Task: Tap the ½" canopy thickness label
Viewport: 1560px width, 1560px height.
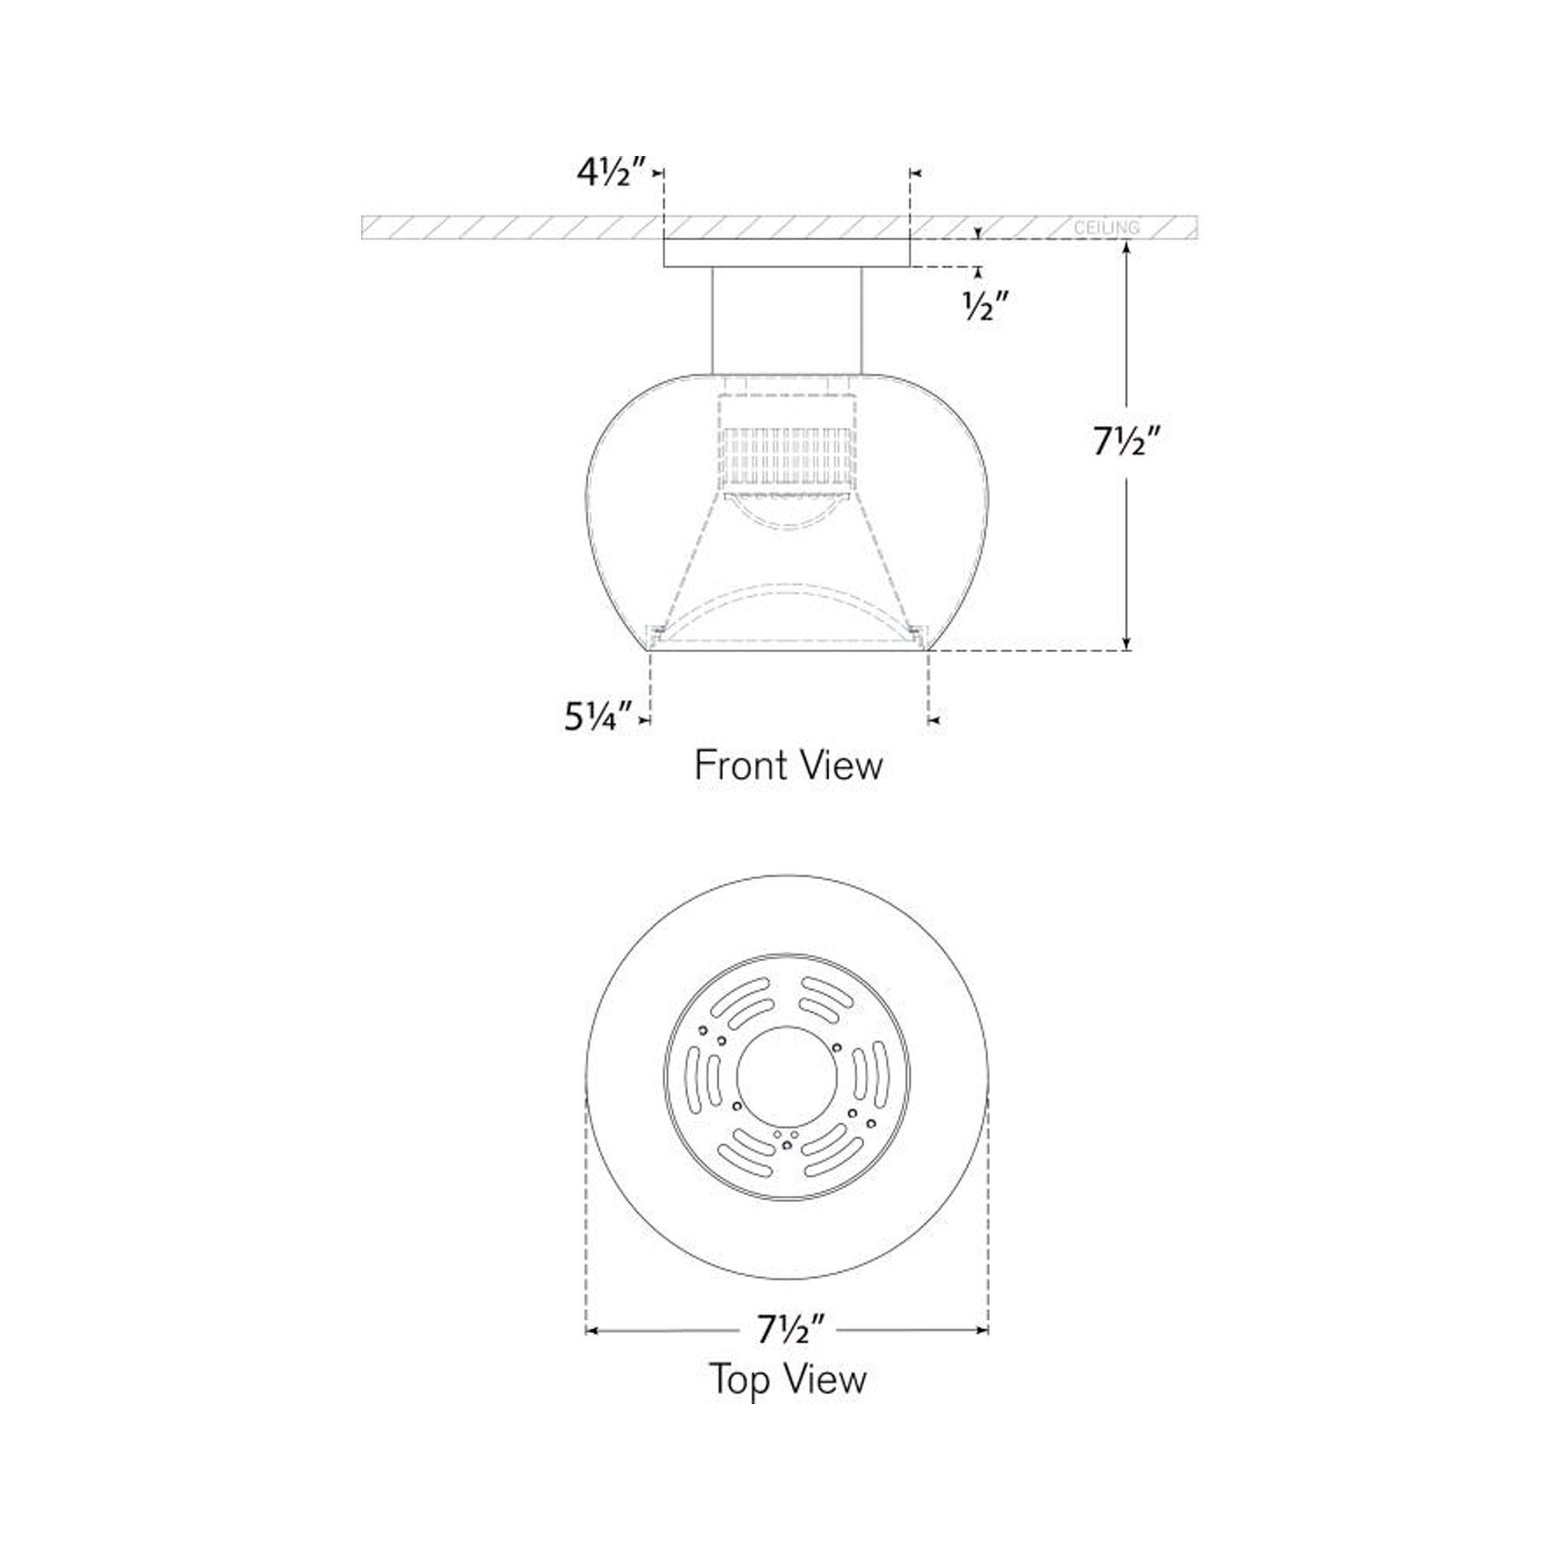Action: (986, 306)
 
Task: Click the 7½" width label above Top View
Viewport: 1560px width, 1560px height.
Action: (790, 1329)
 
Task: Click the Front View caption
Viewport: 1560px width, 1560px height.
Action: (788, 764)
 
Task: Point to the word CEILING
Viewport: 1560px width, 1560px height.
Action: (1106, 228)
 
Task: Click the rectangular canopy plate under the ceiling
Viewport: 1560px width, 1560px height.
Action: (786, 253)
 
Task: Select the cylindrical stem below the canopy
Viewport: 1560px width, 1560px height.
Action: (786, 321)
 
